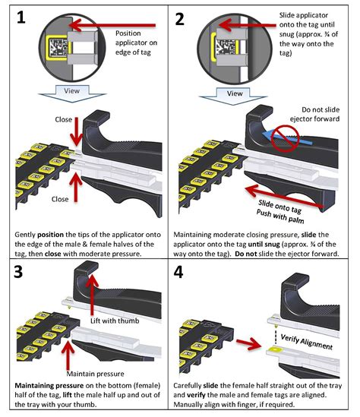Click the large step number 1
21,17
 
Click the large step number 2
180,19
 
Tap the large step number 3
18,272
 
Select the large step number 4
178,273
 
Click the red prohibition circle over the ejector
286,139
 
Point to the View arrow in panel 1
72,93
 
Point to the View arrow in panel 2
234,96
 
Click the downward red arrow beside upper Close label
76,131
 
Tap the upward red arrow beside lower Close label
76,187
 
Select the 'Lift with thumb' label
115,321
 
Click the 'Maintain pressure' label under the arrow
95,374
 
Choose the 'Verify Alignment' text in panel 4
306,342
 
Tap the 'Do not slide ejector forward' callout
314,114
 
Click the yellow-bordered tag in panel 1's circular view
57,48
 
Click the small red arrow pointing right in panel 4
248,344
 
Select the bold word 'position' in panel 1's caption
51,235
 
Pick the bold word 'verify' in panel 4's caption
196,395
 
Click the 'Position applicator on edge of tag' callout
136,43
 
